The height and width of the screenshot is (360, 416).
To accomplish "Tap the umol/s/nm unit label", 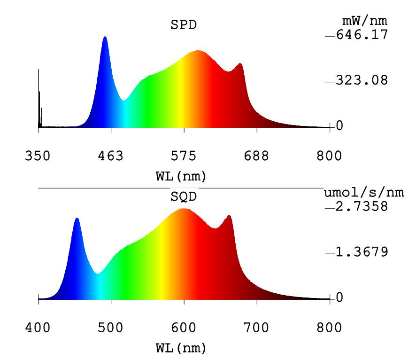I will [x=364, y=193].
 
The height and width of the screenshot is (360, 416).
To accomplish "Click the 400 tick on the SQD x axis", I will [x=38, y=327].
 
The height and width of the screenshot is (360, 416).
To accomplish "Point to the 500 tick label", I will [x=111, y=327].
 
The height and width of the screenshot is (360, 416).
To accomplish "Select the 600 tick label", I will [x=184, y=327].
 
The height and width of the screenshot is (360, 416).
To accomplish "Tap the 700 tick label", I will [x=257, y=327].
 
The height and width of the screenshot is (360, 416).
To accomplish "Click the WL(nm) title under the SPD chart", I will [x=181, y=177].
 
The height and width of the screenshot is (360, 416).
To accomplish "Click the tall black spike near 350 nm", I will [x=39, y=70].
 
